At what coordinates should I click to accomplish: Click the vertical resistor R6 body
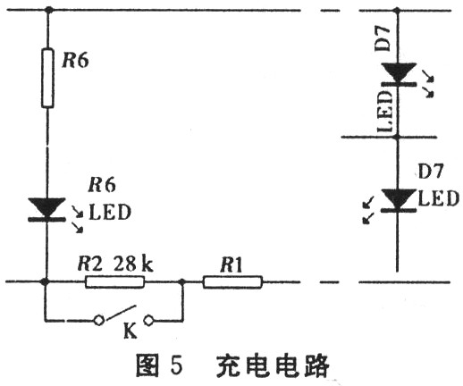click(47, 78)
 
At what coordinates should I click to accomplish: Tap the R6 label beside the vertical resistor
click(75, 60)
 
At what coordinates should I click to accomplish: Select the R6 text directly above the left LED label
click(102, 185)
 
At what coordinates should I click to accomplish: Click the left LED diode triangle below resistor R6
click(46, 207)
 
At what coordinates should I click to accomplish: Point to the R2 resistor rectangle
click(115, 281)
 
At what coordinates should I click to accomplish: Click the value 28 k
click(133, 264)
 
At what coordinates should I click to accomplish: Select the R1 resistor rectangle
click(232, 282)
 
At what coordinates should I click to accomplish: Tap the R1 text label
click(231, 264)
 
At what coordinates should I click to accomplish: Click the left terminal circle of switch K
click(99, 321)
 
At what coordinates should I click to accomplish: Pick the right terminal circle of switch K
click(148, 321)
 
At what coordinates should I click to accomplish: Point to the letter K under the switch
click(130, 331)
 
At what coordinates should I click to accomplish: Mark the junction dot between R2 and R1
click(182, 281)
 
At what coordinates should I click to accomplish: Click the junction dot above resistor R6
click(47, 10)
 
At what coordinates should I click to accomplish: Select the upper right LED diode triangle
click(399, 72)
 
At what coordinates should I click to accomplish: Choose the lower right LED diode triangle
click(399, 199)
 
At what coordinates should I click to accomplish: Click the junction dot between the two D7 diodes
click(397, 137)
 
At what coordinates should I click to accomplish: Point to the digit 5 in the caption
click(176, 365)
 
